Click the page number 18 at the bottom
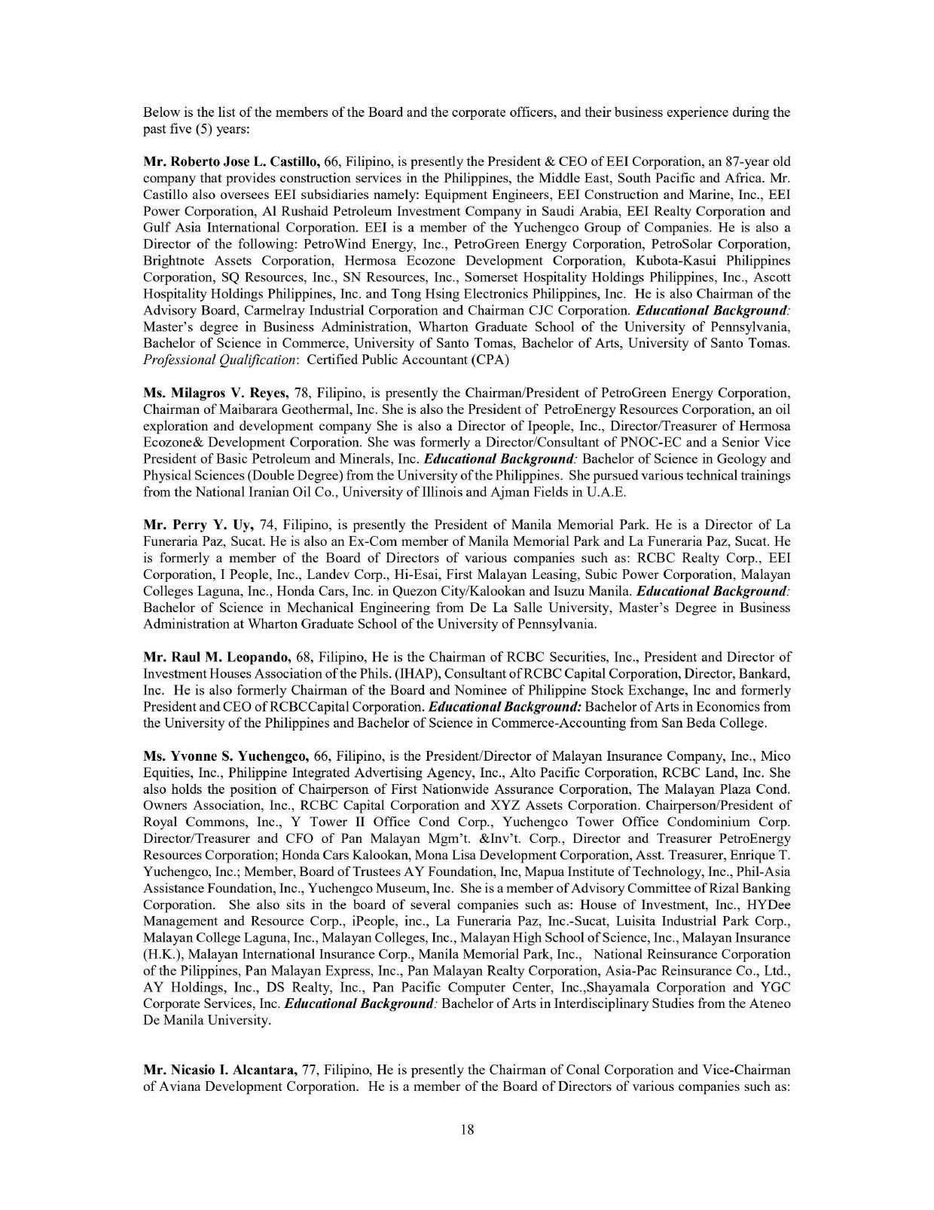[466, 1129]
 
